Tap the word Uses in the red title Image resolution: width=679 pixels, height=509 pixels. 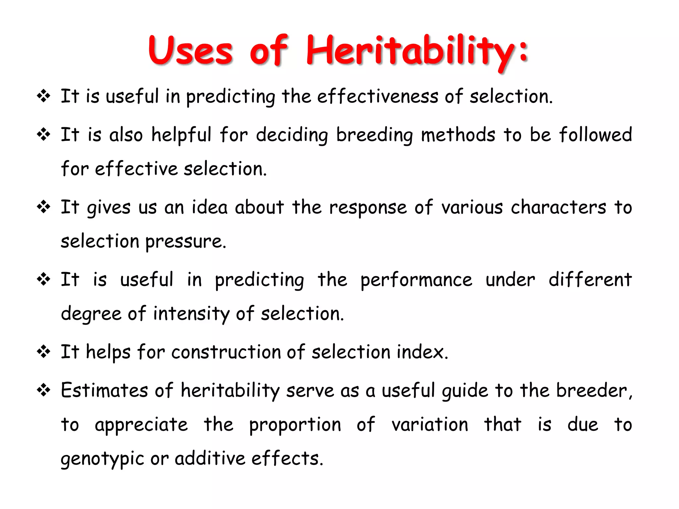click(x=190, y=50)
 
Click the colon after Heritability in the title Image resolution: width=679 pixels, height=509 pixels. click(x=524, y=51)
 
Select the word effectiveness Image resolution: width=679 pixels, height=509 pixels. click(x=378, y=96)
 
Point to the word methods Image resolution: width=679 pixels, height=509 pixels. click(x=458, y=135)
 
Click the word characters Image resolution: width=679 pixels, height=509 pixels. click(x=559, y=207)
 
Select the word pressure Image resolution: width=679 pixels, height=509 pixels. click(x=186, y=242)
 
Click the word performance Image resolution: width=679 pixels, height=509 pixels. click(x=416, y=280)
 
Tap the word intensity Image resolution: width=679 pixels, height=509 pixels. click(x=191, y=314)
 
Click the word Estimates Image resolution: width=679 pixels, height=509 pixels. click(x=104, y=390)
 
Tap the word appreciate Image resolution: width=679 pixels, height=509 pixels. click(x=141, y=425)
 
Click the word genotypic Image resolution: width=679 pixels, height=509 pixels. click(x=102, y=459)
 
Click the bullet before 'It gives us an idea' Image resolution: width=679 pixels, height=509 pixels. click(x=43, y=207)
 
